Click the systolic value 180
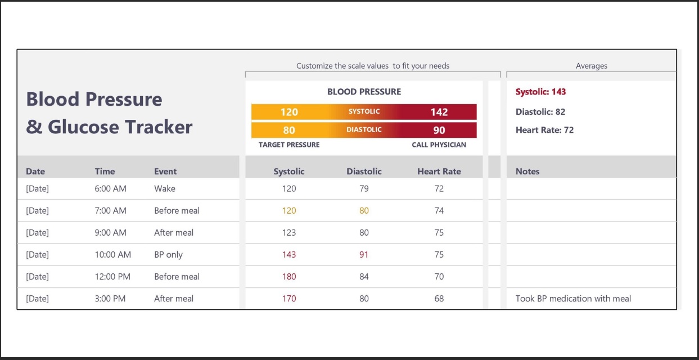(x=289, y=277)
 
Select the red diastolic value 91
(x=364, y=255)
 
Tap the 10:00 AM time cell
(x=112, y=255)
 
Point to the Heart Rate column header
(x=439, y=172)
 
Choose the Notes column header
(x=527, y=172)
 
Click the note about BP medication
(x=573, y=299)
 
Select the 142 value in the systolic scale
(x=439, y=112)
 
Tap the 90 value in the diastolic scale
(x=439, y=130)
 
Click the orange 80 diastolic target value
(x=289, y=130)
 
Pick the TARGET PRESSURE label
(x=289, y=145)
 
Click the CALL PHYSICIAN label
(x=439, y=145)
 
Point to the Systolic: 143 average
(x=540, y=92)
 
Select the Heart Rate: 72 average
(x=544, y=130)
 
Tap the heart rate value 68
(x=439, y=299)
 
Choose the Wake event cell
(x=164, y=189)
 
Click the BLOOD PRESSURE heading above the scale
(x=364, y=92)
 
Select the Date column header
(x=35, y=172)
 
